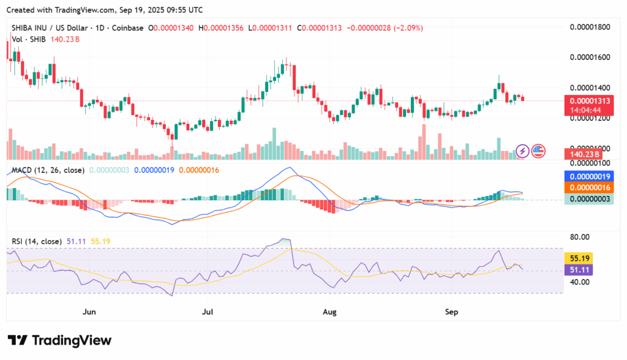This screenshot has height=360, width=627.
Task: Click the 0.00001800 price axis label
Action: tap(590, 27)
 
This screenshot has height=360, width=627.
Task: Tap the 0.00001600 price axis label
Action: tap(590, 58)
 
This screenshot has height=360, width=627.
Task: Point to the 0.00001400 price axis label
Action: tap(590, 88)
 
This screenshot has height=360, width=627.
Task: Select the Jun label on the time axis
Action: tap(89, 312)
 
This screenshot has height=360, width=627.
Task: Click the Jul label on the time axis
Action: tap(208, 312)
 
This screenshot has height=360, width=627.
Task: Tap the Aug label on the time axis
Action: tap(329, 312)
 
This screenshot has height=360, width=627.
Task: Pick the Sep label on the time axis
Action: tap(451, 312)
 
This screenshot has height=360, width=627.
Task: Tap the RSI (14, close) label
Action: tap(37, 241)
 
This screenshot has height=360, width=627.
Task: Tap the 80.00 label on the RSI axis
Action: tap(580, 237)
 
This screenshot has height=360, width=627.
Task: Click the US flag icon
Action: tap(538, 151)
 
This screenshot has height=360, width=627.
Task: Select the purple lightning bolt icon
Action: tap(522, 151)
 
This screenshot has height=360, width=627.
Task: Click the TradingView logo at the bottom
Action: tap(59, 340)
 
